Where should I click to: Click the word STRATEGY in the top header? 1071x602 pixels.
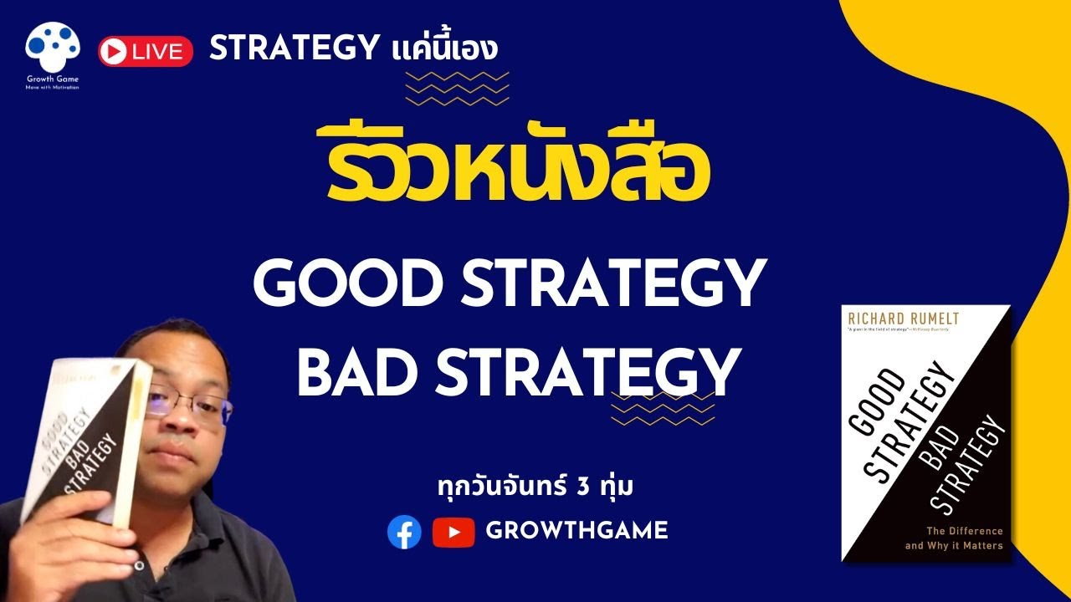pyautogui.click(x=294, y=49)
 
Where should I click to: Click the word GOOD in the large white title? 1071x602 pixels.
pyautogui.click(x=343, y=284)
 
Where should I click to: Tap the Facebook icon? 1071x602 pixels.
pyautogui.click(x=404, y=532)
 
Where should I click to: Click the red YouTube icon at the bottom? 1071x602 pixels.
pyautogui.click(x=454, y=532)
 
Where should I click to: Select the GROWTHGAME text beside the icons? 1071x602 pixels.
pyautogui.click(x=576, y=531)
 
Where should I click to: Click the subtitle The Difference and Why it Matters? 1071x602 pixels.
pyautogui.click(x=953, y=538)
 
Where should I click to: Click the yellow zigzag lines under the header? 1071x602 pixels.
pyautogui.click(x=457, y=87)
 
